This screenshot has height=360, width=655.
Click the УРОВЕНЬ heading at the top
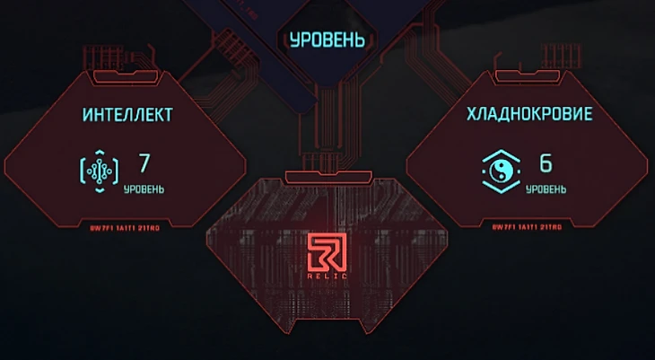point(327,40)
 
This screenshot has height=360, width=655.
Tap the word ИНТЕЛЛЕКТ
point(127,115)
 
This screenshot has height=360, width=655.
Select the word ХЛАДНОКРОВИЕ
point(528,115)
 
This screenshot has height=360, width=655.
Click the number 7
point(144,163)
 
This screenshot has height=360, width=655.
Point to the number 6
point(545,163)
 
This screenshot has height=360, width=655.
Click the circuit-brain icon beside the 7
point(100,171)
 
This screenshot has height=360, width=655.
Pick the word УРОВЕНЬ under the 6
point(546,189)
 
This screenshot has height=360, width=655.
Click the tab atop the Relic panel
point(326,175)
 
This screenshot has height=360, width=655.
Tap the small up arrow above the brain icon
point(100,150)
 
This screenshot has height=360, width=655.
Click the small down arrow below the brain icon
point(100,191)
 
